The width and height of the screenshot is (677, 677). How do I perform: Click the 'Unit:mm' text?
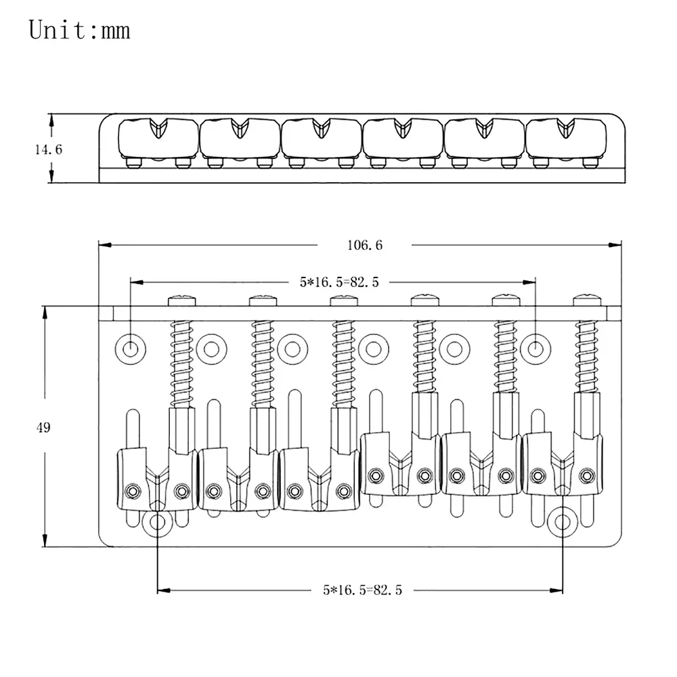(79, 30)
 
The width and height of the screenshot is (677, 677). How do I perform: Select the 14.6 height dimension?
(49, 149)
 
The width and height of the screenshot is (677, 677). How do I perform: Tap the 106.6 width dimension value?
(365, 245)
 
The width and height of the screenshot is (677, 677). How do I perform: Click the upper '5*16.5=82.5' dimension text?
(338, 282)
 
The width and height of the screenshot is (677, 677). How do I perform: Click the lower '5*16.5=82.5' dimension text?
(362, 590)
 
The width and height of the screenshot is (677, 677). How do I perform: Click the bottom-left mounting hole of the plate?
(158, 522)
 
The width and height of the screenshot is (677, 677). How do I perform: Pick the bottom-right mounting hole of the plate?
(563, 522)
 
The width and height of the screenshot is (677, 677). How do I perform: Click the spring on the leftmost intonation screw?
(181, 359)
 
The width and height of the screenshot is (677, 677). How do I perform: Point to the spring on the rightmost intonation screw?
(586, 359)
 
